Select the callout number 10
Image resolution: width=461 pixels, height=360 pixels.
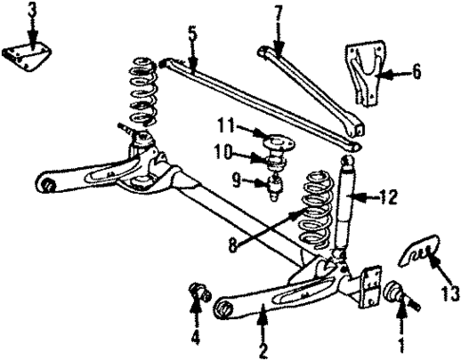[x=221, y=150]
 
